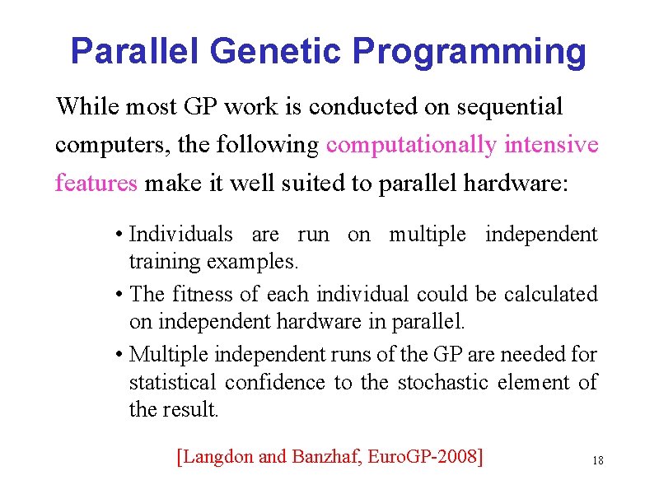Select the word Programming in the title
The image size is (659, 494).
pyautogui.click(x=470, y=51)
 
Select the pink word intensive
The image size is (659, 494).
pyautogui.click(x=551, y=145)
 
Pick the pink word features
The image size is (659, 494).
pyautogui.click(x=96, y=183)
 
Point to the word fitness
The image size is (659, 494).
pyautogui.click(x=201, y=294)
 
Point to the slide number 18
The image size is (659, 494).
pyautogui.click(x=597, y=460)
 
